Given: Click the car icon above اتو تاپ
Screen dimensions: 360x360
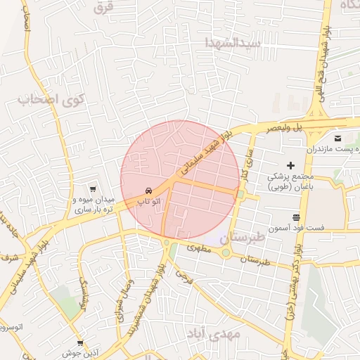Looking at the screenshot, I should click(148, 191).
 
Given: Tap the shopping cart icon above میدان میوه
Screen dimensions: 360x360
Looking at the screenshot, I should click(92, 189).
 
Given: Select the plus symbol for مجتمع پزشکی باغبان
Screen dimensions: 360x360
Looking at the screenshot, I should click(290, 165).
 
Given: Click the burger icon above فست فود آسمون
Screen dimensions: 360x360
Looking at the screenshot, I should click(296, 217).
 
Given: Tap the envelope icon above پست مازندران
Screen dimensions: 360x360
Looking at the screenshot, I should click(338, 138).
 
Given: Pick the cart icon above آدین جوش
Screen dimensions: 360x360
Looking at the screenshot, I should click(80, 344).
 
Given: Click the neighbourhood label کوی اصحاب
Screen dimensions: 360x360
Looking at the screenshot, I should click(50, 99).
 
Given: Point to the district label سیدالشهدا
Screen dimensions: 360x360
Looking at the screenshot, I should click(232, 43).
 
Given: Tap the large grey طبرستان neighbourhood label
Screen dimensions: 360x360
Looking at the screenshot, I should click(244, 238).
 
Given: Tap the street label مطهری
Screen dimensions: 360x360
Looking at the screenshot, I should click(199, 247).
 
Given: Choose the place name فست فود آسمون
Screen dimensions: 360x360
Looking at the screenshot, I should click(298, 229).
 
